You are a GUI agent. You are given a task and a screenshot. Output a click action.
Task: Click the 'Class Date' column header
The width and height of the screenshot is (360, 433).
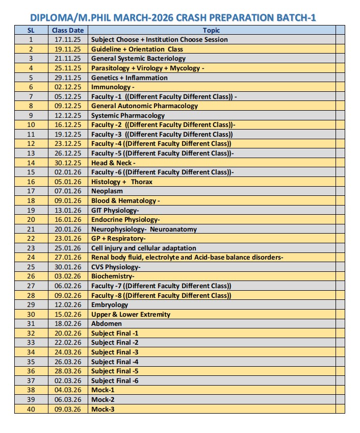67,30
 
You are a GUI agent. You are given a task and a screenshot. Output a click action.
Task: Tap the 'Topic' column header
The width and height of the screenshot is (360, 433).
211,30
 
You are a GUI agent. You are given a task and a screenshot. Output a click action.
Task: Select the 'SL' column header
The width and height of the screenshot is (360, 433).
31,30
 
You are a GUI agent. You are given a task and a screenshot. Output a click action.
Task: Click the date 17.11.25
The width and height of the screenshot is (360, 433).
67,40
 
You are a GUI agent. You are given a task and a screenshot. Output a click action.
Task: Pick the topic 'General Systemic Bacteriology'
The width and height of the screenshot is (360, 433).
138,59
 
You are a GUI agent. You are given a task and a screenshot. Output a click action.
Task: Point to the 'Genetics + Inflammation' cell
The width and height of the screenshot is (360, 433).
129,78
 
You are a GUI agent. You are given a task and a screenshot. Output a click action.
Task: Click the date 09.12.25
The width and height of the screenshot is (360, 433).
67,106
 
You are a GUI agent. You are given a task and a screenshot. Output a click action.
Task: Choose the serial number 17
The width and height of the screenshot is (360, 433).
31,191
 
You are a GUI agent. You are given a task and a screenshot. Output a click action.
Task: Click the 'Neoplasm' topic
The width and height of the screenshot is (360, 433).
107,191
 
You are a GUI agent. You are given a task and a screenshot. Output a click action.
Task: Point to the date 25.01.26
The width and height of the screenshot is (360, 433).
67,248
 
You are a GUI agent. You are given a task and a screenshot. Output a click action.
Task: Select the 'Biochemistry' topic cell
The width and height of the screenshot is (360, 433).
113,276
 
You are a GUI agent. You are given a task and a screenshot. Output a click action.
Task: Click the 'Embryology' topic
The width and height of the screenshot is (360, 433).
110,305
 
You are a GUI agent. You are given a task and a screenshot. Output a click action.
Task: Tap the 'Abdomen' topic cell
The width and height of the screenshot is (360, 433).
107,324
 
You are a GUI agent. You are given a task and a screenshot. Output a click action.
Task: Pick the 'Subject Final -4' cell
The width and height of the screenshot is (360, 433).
115,362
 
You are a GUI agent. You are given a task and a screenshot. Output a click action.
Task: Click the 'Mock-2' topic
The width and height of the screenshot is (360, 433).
102,399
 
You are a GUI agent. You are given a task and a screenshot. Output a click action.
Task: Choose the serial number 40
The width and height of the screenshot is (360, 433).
31,409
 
